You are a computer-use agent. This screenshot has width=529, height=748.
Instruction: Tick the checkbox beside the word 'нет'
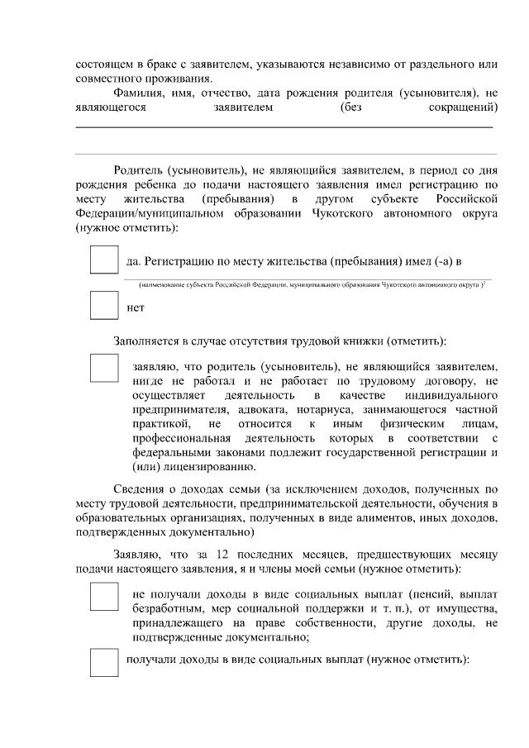click(x=103, y=306)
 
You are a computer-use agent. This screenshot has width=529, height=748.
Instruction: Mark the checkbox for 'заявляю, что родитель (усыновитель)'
click(x=104, y=367)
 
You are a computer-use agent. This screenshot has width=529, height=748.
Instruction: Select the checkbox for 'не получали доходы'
click(x=104, y=596)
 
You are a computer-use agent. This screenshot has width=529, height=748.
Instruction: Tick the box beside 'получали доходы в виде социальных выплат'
click(x=104, y=662)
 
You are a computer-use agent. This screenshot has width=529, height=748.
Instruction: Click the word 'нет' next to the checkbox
click(x=136, y=308)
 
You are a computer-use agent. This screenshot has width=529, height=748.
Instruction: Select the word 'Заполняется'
click(x=145, y=340)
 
